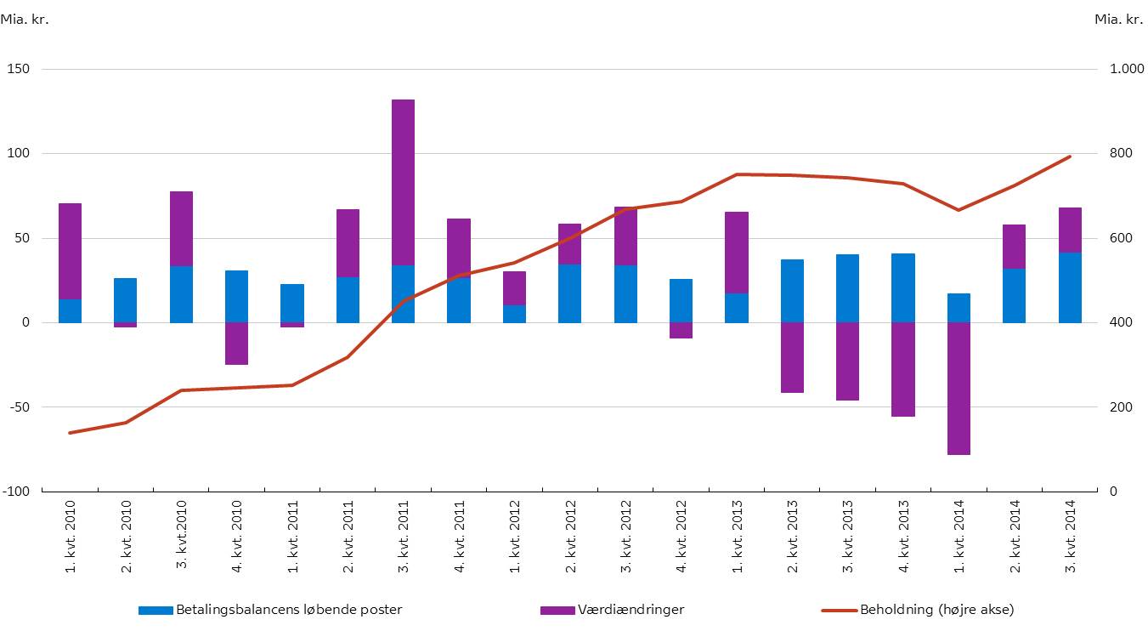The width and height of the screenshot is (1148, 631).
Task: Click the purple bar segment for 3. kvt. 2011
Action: (403, 182)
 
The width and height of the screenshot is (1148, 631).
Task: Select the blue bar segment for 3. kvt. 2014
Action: (1070, 287)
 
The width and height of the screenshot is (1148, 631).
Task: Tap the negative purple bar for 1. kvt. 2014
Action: (959, 389)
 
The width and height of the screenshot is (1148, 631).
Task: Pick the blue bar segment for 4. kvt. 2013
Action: (903, 287)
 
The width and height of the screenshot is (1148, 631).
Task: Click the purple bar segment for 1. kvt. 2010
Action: (70, 251)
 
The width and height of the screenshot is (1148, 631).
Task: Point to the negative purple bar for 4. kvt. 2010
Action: (236, 343)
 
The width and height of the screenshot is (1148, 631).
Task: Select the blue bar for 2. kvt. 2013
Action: (792, 291)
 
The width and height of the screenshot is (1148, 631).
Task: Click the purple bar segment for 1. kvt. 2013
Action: (737, 253)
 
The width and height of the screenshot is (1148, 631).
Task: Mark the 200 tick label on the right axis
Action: (1121, 407)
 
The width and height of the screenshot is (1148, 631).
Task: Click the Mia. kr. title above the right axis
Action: (1118, 19)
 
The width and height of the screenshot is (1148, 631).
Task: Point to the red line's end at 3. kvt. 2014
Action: (1070, 156)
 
